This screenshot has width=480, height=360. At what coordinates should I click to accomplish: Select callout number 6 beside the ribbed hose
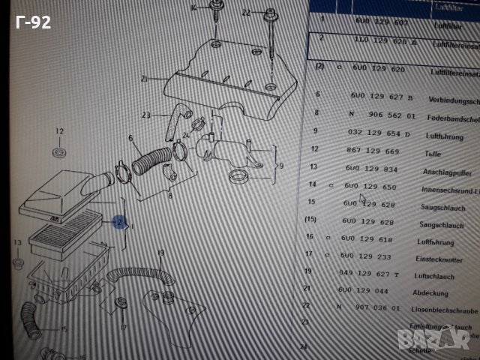[130, 139]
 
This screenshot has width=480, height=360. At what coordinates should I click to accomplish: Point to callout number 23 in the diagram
[146, 114]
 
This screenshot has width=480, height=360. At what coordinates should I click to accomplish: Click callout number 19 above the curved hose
[160, 252]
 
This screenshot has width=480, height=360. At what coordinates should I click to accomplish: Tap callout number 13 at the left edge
[18, 242]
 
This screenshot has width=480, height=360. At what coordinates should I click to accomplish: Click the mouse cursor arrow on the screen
[362, 199]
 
